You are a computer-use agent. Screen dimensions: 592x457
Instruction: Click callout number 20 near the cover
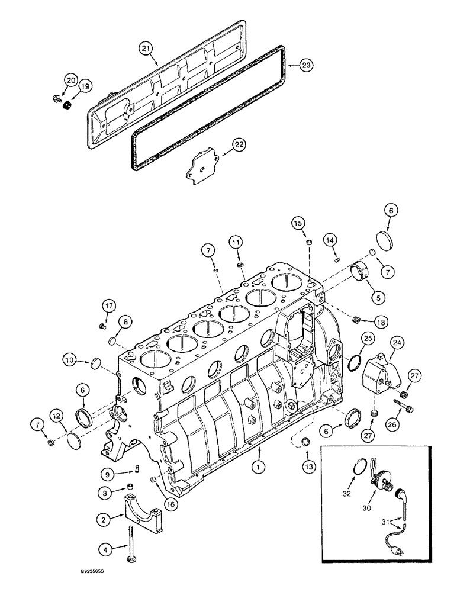coord(71,80)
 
